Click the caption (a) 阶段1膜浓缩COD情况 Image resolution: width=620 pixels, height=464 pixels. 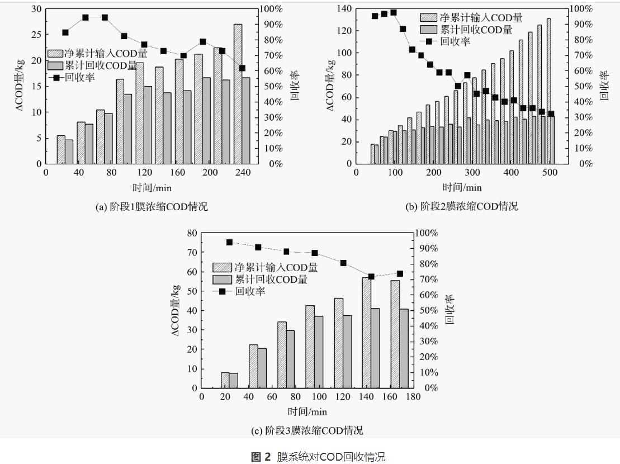point(152,207)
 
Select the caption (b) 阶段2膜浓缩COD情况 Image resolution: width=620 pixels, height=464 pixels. point(462,206)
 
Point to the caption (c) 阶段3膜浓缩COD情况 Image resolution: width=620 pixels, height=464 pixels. point(307,430)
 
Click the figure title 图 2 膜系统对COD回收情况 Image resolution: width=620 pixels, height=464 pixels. point(310,457)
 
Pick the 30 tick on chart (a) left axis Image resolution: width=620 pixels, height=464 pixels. point(36,9)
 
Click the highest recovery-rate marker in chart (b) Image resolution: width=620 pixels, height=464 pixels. point(394,12)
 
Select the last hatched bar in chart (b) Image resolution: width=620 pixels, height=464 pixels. point(548,91)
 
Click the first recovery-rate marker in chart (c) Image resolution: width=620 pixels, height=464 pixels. point(229,242)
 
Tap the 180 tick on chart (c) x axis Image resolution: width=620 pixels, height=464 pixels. point(413,397)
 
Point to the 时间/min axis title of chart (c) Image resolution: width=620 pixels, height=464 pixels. point(307,412)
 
